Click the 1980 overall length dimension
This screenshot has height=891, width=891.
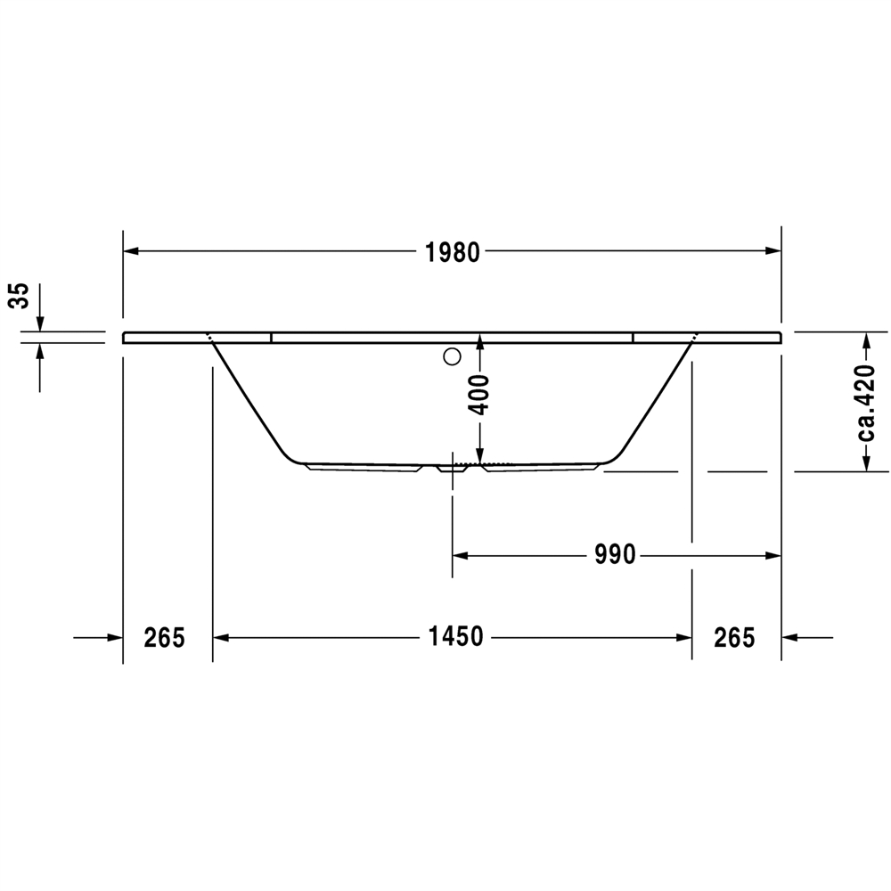[x=453, y=252]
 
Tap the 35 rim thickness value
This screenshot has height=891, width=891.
[x=20, y=296]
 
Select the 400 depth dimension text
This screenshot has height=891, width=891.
[x=480, y=395]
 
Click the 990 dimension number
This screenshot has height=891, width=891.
[x=615, y=554]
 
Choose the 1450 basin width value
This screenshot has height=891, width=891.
[x=455, y=636]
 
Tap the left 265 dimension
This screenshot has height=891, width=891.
[x=164, y=638]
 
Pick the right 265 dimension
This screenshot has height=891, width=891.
[x=734, y=638]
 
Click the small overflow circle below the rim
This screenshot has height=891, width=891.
[x=452, y=357]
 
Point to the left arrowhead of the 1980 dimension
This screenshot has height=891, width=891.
[x=131, y=250]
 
